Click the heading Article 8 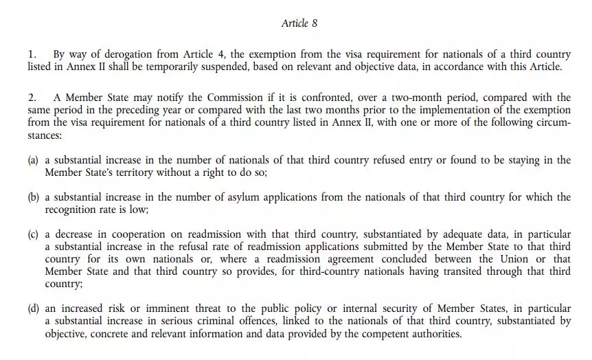(x=299, y=23)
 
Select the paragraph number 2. (x=31, y=98)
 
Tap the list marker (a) (x=33, y=160)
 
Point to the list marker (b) (x=33, y=197)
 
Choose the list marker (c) (x=33, y=234)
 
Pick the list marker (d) (x=33, y=308)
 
